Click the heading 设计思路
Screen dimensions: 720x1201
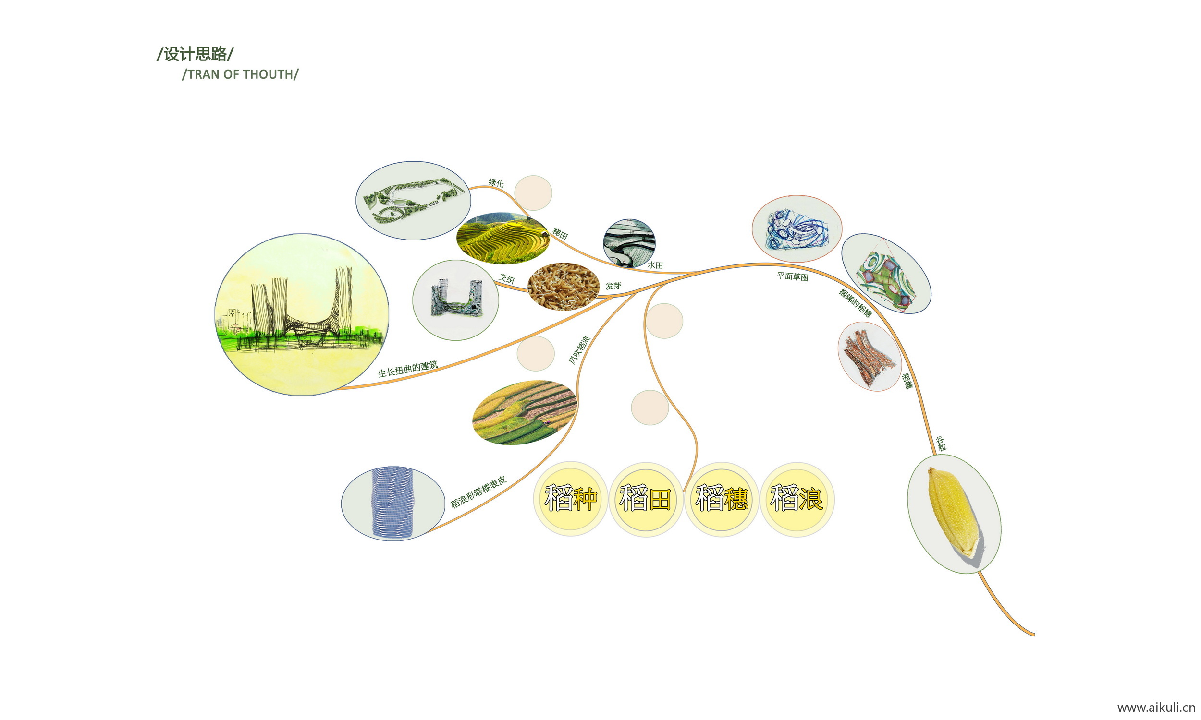pyautogui.click(x=195, y=54)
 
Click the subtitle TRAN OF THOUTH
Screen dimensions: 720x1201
pyautogui.click(x=240, y=74)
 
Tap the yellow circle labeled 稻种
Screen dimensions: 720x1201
pyautogui.click(x=570, y=498)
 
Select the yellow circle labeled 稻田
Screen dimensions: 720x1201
pyautogui.click(x=646, y=498)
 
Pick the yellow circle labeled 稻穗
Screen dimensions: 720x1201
pyautogui.click(x=722, y=498)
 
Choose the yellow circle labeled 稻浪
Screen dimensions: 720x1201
pyautogui.click(x=797, y=498)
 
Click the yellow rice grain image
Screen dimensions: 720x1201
pyautogui.click(x=954, y=513)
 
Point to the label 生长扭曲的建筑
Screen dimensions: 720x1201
pyautogui.click(x=408, y=369)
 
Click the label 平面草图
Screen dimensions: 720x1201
pyautogui.click(x=792, y=276)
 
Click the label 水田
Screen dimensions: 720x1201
pyautogui.click(x=655, y=265)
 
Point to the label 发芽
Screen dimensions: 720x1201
pyautogui.click(x=613, y=286)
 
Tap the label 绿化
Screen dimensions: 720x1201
pyautogui.click(x=496, y=183)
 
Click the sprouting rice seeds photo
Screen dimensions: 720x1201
pyautogui.click(x=563, y=286)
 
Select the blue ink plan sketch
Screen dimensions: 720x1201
pyautogui.click(x=797, y=228)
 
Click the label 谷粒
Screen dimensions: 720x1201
pyautogui.click(x=941, y=444)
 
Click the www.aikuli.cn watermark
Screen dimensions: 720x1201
pyautogui.click(x=1156, y=708)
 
